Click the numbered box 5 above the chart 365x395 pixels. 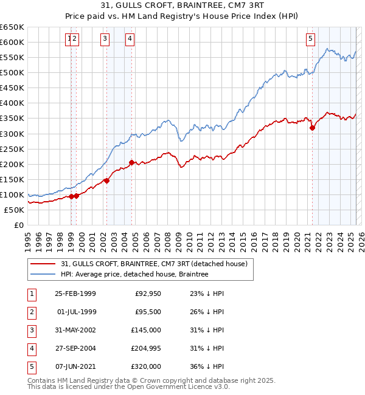(310, 39)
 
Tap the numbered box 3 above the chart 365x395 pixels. (105, 39)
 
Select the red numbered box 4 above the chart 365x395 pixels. (130, 39)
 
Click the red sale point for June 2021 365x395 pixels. (312, 128)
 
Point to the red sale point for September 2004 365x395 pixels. (131, 162)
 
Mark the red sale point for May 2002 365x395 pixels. (106, 180)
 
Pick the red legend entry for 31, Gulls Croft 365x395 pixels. (153, 264)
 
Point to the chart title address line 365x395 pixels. (182, 6)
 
